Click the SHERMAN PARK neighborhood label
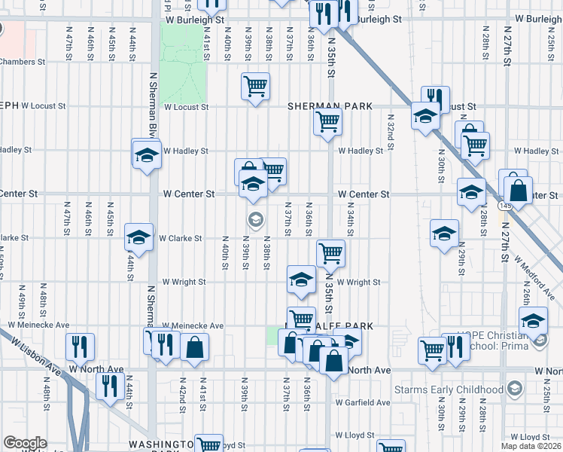coord(330,107)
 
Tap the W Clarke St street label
coord(180,238)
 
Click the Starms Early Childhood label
coord(449,389)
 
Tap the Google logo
coord(25,443)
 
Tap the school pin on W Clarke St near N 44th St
coord(138,237)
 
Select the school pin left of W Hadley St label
coord(146,155)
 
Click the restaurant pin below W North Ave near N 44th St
coord(111,386)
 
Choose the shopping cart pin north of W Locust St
coord(255,86)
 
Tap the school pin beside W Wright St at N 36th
coord(301,279)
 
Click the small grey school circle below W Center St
coord(255,220)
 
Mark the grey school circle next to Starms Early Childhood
coord(515,389)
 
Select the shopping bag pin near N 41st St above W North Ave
coord(194,348)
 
